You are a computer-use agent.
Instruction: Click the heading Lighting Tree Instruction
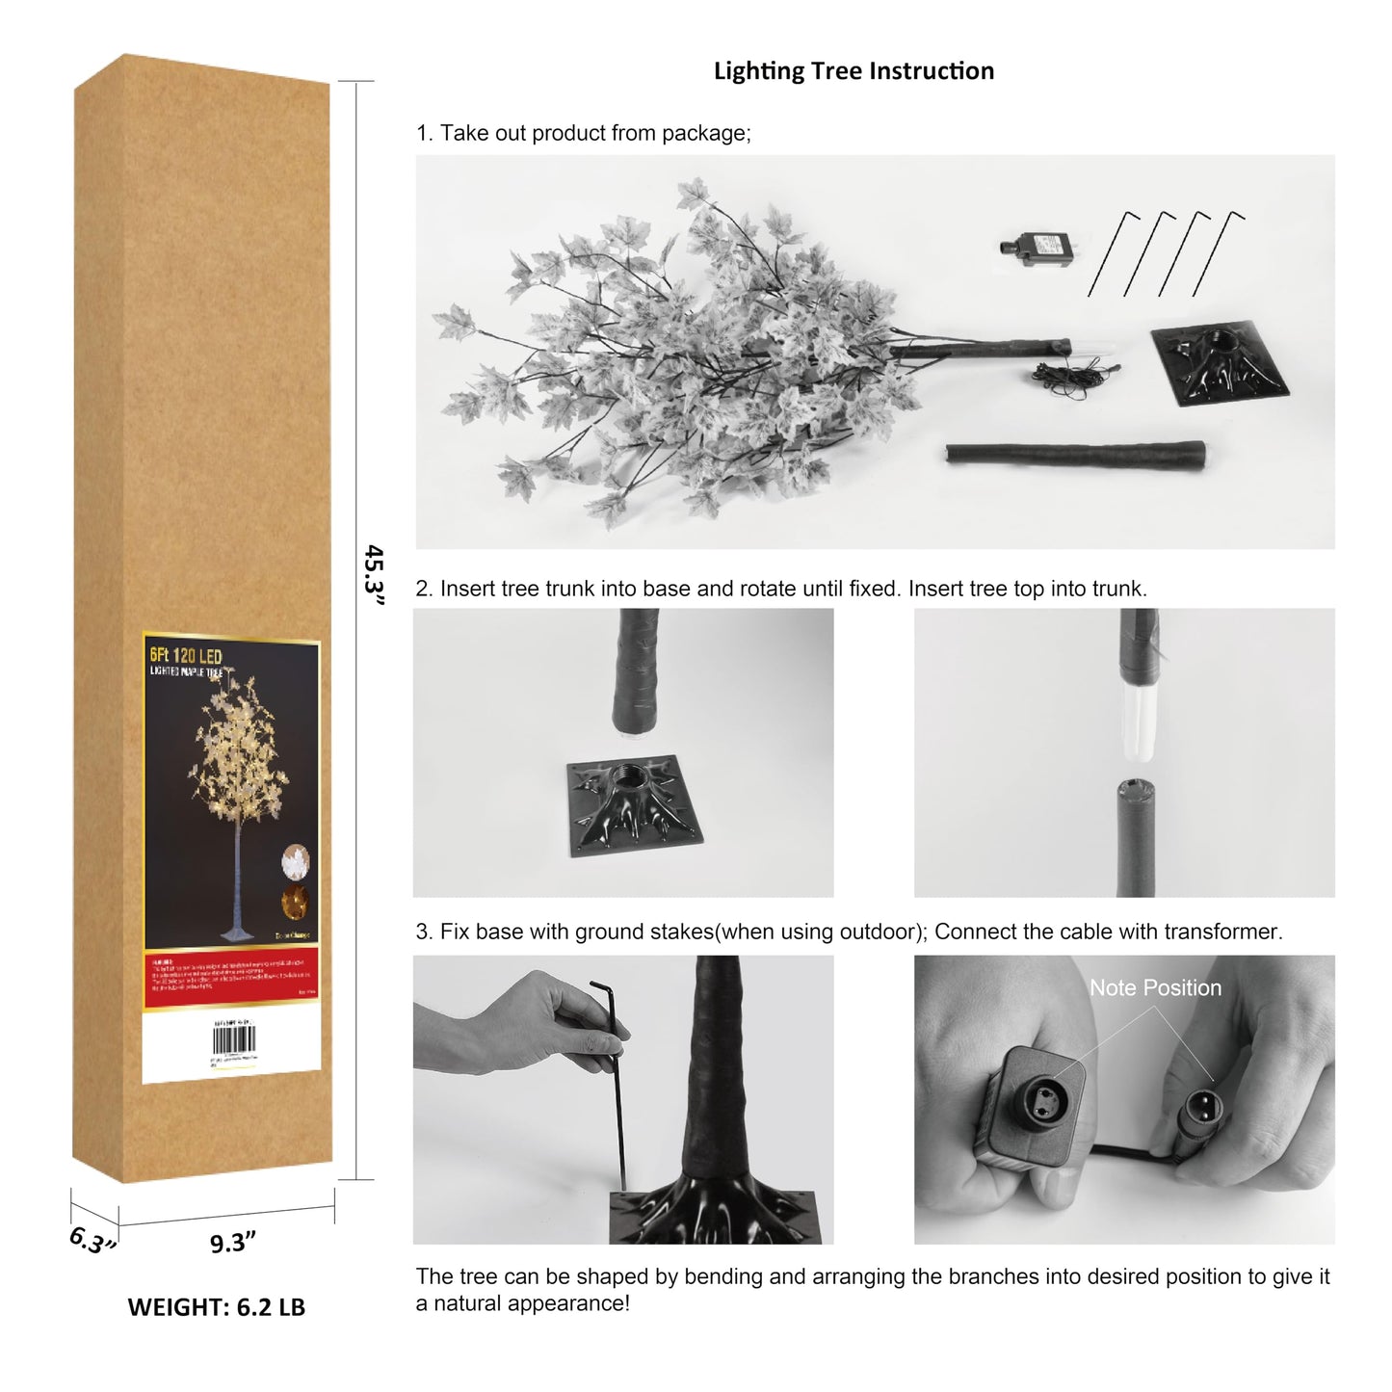pos(854,71)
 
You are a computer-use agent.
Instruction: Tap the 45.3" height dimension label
pos(374,575)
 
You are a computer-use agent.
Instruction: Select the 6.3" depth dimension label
pos(92,1240)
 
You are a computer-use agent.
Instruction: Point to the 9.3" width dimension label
pos(232,1243)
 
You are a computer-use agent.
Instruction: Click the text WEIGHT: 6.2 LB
pos(216,1307)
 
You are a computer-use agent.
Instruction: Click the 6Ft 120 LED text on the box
pos(186,657)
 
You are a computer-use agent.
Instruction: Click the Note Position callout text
pos(1155,987)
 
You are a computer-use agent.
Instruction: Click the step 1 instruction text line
pos(583,133)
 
